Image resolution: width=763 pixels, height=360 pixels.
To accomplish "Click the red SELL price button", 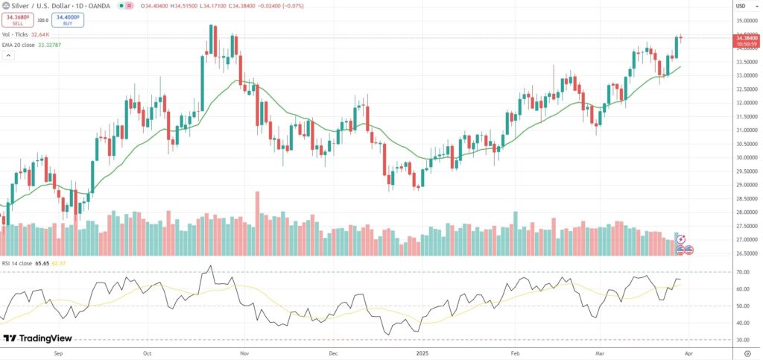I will tap(17, 18).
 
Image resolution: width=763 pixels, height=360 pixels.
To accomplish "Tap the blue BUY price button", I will tap(68, 18).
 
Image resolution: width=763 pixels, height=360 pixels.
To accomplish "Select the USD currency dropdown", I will tap(741, 6).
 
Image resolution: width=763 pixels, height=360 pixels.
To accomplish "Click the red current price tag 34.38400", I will tap(745, 38).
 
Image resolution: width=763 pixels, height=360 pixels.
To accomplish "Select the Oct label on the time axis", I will tap(147, 354).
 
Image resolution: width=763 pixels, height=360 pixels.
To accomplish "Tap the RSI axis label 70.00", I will tap(742, 272).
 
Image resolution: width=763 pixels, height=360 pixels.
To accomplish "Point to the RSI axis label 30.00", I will tap(742, 340).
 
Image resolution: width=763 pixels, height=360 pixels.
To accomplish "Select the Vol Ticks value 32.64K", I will tap(39, 34).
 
